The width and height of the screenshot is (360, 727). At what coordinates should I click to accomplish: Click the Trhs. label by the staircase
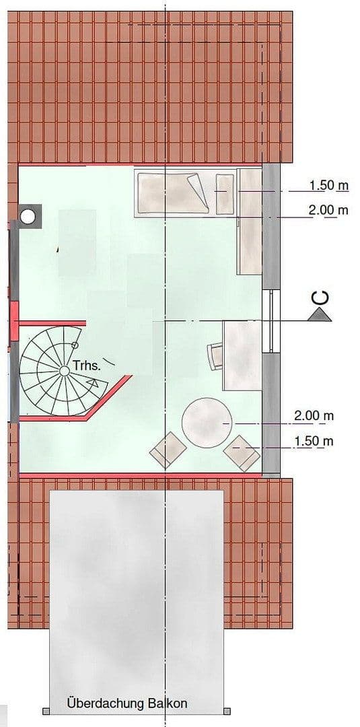[x=87, y=367]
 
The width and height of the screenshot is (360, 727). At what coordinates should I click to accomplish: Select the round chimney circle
[x=28, y=215]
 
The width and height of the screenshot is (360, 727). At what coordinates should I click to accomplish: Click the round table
[x=206, y=421]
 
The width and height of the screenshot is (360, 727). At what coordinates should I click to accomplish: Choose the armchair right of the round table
[x=242, y=452]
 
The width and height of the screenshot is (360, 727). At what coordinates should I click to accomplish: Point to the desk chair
[x=215, y=355]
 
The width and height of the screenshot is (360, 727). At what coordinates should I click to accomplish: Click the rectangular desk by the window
[x=242, y=355]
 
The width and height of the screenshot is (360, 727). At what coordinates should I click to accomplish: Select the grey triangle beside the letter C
[x=319, y=314]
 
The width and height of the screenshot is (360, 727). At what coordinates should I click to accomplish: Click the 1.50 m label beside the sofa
[x=328, y=185]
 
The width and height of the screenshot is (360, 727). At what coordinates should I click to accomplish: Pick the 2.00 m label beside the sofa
[x=328, y=211]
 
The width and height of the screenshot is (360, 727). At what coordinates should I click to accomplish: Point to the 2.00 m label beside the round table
[x=314, y=416]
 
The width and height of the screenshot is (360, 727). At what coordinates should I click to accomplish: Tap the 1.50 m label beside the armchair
[x=314, y=442]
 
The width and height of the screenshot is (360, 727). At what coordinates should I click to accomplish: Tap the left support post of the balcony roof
[x=46, y=711]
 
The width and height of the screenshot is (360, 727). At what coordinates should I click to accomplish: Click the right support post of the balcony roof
[x=227, y=711]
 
